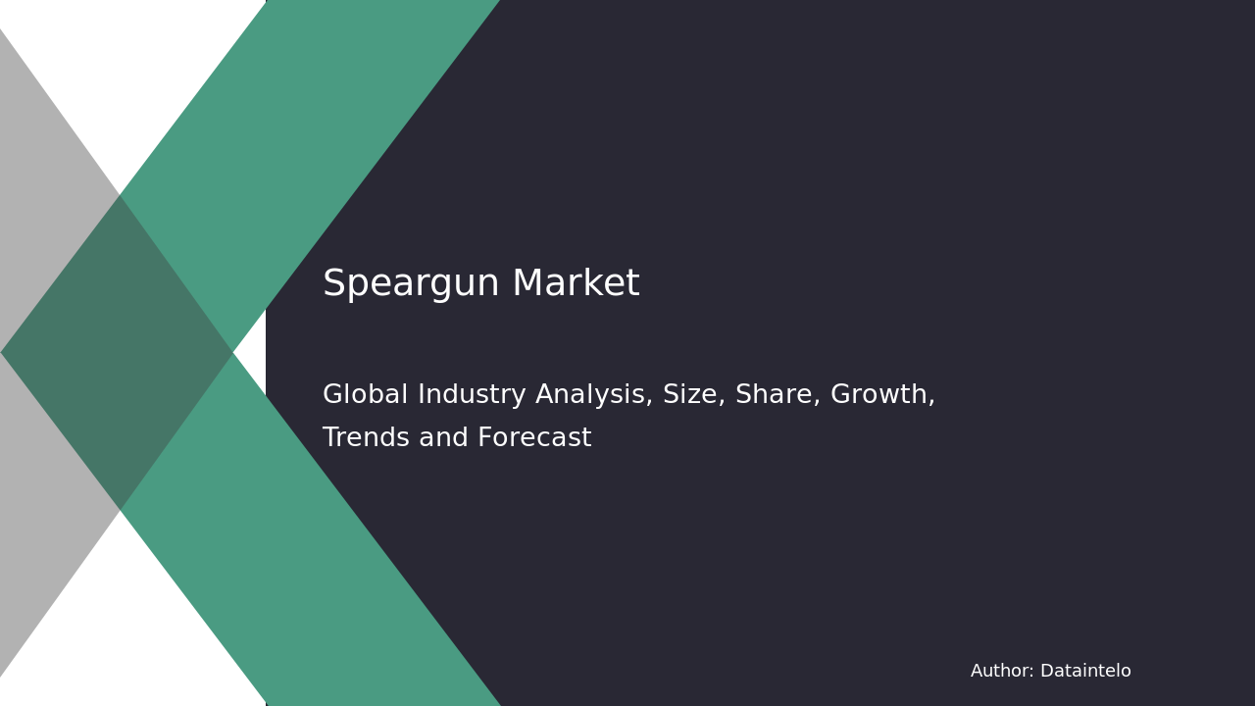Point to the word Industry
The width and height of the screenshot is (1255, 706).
pyautogui.click(x=473, y=395)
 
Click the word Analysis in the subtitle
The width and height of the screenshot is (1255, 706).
pyautogui.click(x=595, y=395)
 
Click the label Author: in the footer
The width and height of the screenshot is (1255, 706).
pyautogui.click(x=1002, y=672)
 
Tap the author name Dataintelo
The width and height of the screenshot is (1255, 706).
pyautogui.click(x=1085, y=672)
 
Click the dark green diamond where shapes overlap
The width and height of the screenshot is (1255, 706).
pyautogui.click(x=118, y=353)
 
